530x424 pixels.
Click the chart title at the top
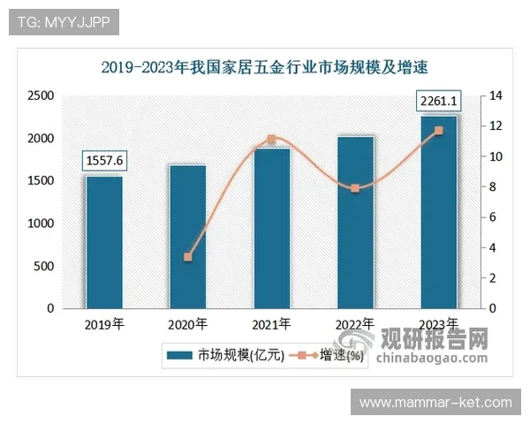[270, 66]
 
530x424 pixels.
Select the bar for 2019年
[104, 242]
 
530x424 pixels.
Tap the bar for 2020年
[187, 236]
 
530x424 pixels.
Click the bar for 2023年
[438, 212]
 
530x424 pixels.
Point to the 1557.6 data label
[104, 160]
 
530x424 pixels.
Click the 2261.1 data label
[438, 103]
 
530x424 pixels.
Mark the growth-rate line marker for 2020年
[187, 257]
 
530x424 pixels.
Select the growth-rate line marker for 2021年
[271, 140]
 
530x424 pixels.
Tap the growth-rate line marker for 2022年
[355, 188]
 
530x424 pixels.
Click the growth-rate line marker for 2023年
[438, 131]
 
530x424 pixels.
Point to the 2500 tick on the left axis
[41, 95]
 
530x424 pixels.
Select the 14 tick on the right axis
[496, 95]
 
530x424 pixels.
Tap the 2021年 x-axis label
[271, 323]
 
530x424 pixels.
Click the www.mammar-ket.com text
[435, 403]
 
